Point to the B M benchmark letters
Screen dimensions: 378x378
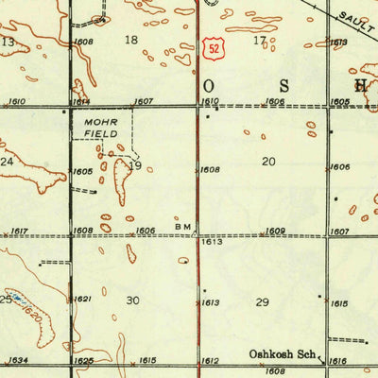(x=182, y=228)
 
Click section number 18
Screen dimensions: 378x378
(x=131, y=40)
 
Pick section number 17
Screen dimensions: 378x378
(x=259, y=40)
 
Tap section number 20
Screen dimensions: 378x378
(x=268, y=162)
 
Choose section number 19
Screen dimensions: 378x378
(x=134, y=166)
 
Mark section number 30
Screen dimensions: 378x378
(x=132, y=301)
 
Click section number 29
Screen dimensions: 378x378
(x=262, y=301)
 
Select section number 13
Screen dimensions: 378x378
(x=8, y=43)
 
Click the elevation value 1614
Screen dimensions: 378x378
(x=81, y=100)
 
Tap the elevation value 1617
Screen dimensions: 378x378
(x=16, y=231)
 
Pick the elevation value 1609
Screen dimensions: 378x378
(x=275, y=231)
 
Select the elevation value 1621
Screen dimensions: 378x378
(x=83, y=299)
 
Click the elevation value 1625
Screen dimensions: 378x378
(x=83, y=361)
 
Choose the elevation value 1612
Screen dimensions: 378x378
(x=210, y=361)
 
